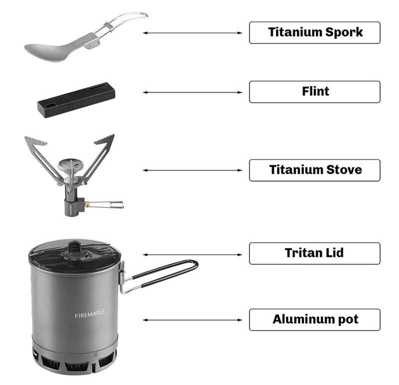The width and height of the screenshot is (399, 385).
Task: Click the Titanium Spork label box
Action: [314, 32]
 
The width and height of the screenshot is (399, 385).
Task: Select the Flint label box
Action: [314, 92]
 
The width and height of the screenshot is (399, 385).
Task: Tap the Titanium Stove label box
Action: [314, 170]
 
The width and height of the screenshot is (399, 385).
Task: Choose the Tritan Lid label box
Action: [314, 253]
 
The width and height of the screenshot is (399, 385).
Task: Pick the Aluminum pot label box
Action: [314, 320]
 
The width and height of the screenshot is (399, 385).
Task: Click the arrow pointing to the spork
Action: [193, 33]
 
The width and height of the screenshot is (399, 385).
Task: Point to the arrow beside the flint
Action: [193, 92]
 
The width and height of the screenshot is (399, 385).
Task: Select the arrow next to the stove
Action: [193, 170]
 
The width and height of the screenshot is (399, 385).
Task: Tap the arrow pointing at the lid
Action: [193, 254]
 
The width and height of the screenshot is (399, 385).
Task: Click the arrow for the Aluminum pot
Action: [193, 320]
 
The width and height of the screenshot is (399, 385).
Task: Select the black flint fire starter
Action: [74, 100]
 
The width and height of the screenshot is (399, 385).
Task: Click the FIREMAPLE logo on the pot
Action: [90, 315]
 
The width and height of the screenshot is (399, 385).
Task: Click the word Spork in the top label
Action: [344, 32]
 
